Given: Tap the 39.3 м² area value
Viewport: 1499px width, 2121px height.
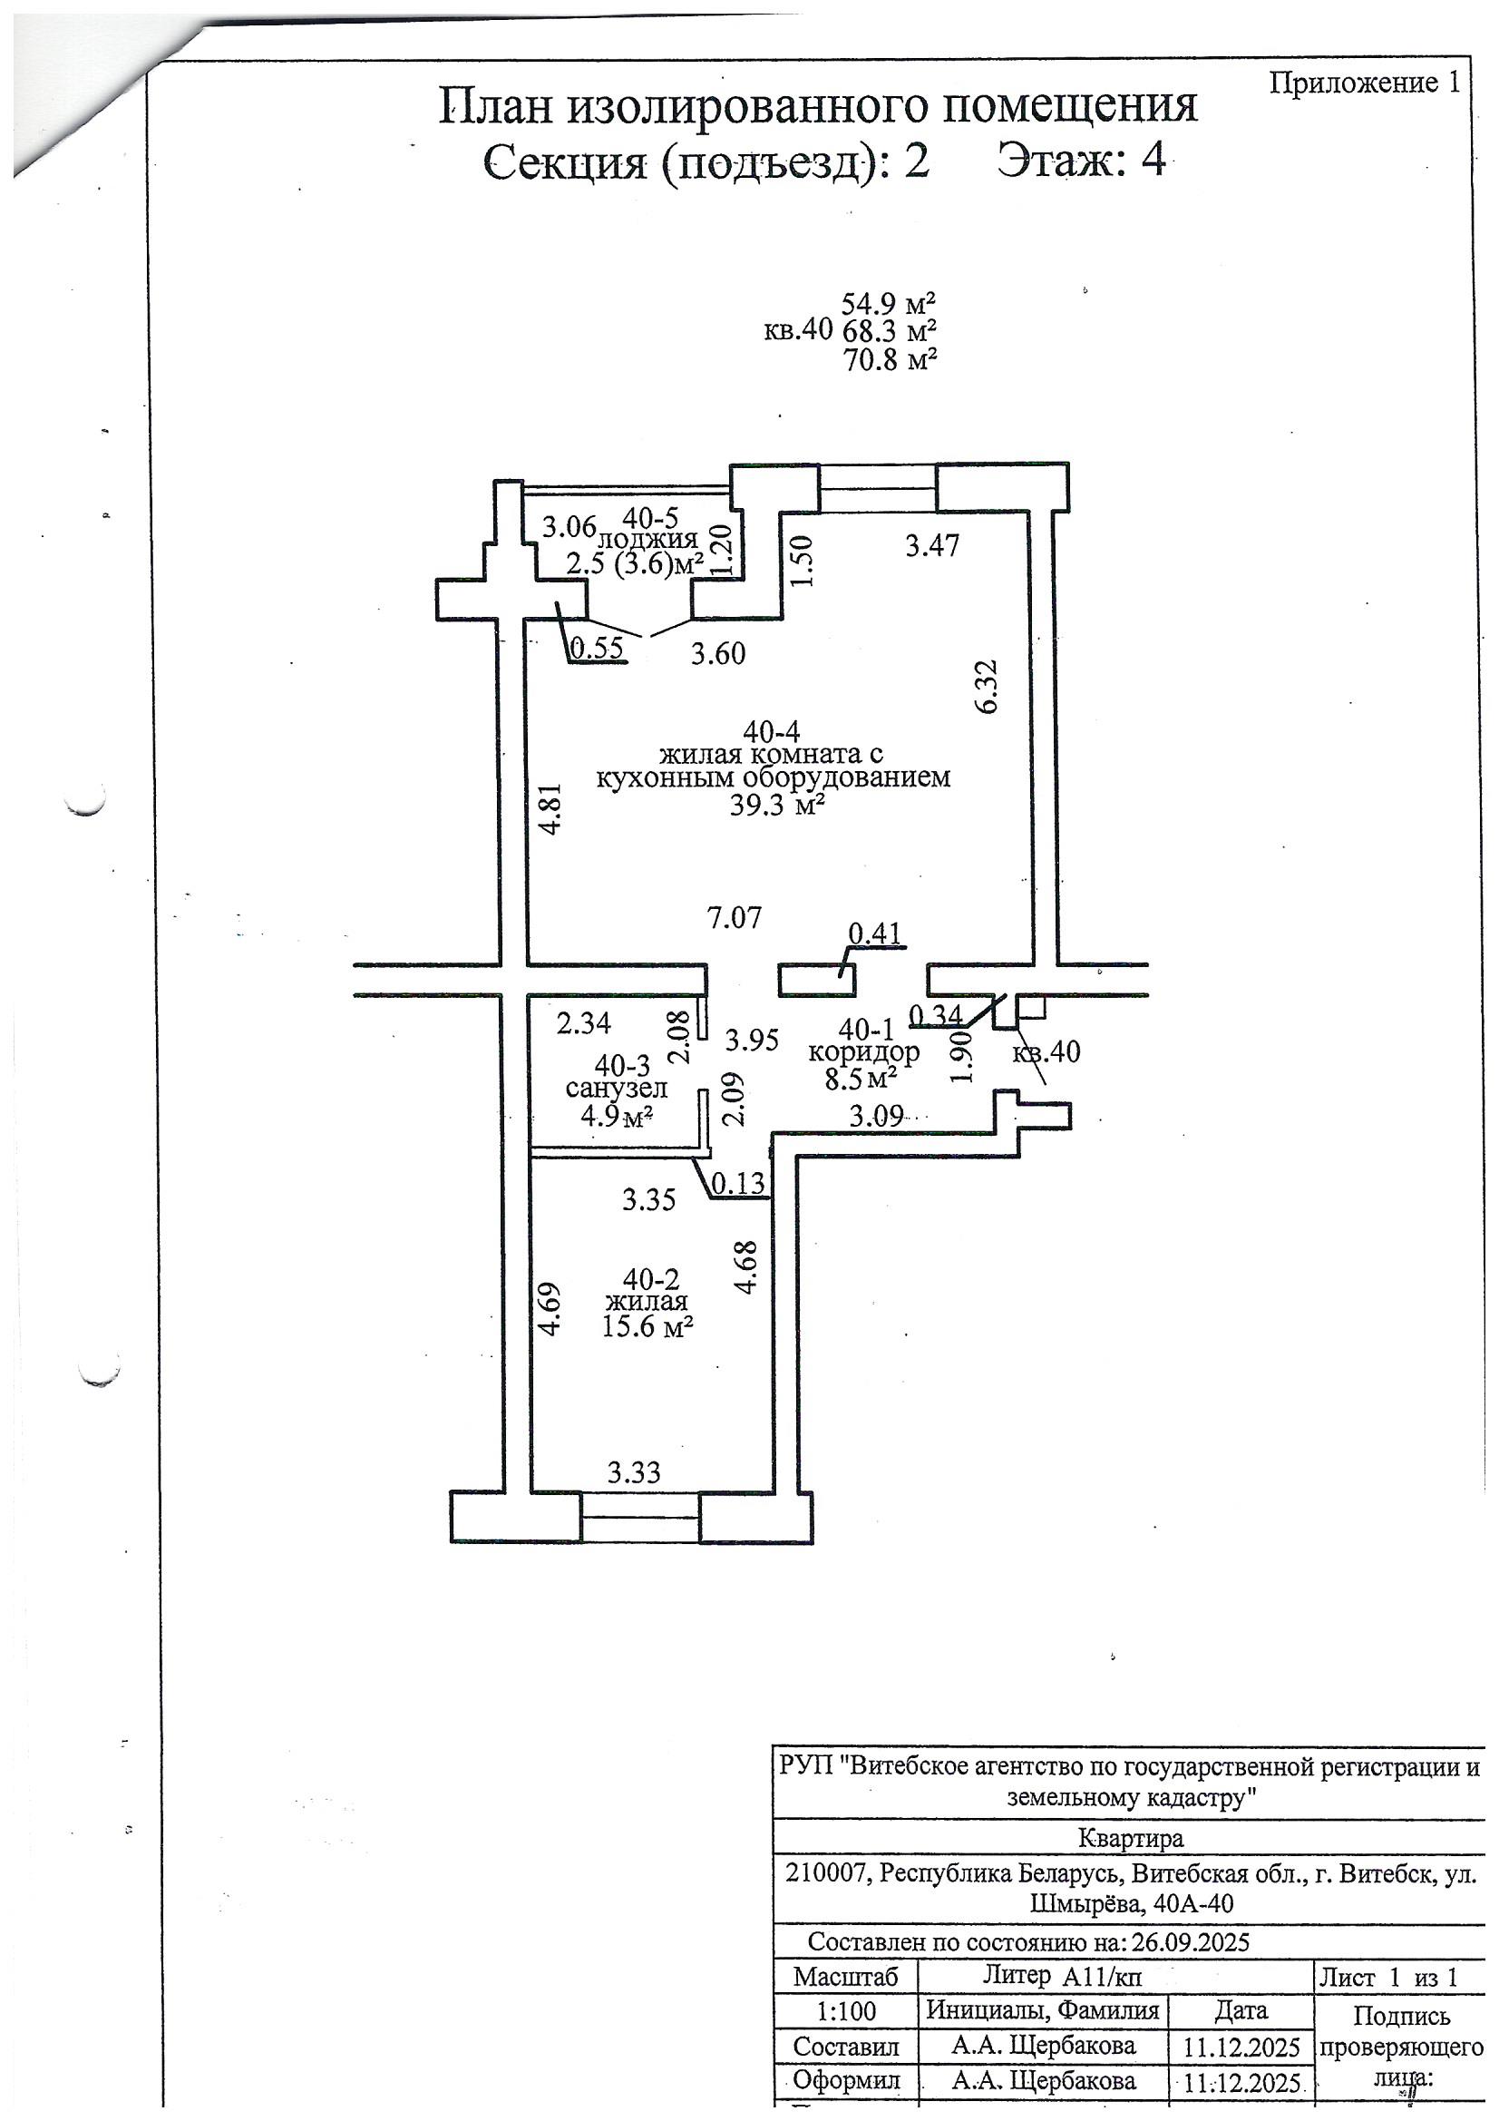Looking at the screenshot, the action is [x=777, y=806].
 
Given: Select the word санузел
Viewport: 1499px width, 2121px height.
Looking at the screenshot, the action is [x=616, y=1088].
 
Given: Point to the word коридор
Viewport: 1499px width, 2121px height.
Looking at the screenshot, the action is [x=863, y=1051].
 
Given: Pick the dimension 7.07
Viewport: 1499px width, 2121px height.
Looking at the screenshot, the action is [x=735, y=918].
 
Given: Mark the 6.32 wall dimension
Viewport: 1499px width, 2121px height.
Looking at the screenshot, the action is [x=987, y=686].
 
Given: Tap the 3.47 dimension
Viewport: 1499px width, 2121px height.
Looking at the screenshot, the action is [x=932, y=545].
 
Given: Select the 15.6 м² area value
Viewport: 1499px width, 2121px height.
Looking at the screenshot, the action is [x=647, y=1326].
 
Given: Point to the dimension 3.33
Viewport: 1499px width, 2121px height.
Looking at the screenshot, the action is [x=634, y=1471].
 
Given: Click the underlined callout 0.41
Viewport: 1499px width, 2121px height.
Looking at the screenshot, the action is [x=876, y=933].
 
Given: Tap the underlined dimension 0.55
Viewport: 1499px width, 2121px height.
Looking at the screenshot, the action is [x=598, y=650].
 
